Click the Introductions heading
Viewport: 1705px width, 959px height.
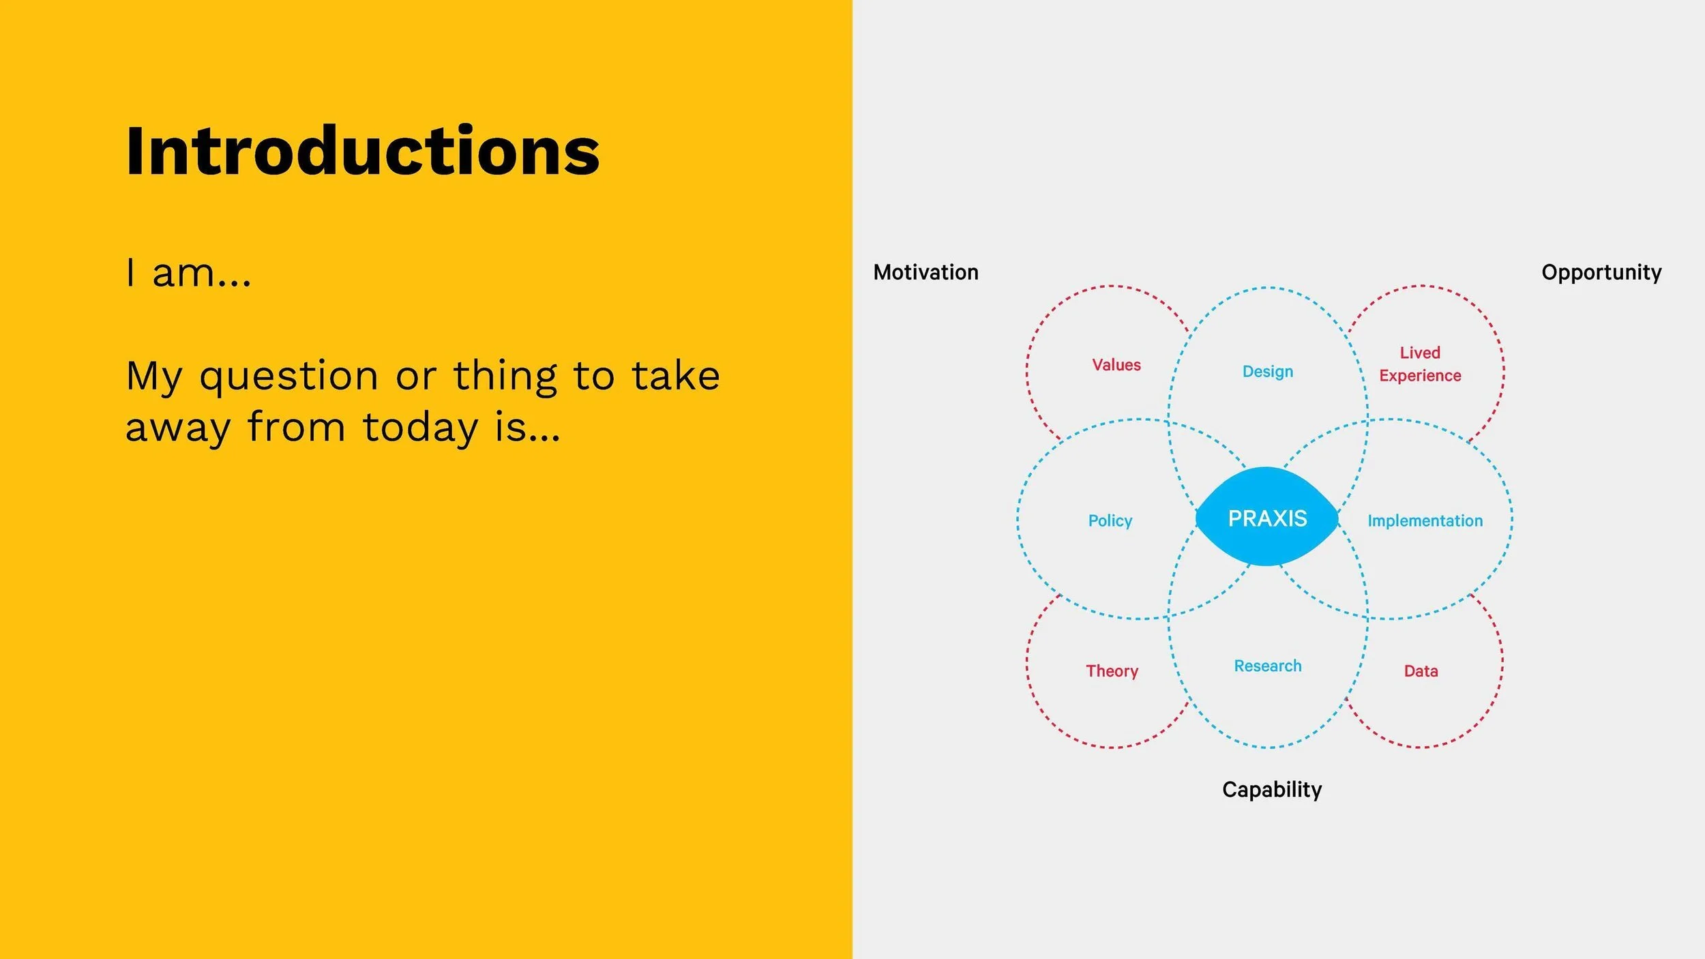(362, 151)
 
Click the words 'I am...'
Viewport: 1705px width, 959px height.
(188, 274)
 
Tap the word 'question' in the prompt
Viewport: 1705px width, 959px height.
(288, 377)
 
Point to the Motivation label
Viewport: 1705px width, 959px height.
(925, 272)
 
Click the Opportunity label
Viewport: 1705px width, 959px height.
(1601, 272)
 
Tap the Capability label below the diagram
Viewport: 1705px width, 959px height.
(1271, 789)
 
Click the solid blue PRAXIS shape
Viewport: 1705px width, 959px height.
(1267, 518)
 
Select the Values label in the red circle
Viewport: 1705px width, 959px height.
(1116, 365)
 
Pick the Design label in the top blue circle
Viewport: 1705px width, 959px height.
(1267, 372)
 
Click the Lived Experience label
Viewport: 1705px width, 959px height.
(1420, 364)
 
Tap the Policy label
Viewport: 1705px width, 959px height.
(1110, 521)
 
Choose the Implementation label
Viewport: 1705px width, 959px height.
(1425, 521)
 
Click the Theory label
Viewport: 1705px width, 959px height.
(1112, 671)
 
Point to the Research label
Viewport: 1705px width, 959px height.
(1267, 666)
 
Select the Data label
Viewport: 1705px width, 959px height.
(1421, 671)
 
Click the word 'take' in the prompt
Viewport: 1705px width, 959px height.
(675, 376)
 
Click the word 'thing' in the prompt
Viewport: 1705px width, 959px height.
(505, 377)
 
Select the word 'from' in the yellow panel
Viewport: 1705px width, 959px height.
(296, 428)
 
